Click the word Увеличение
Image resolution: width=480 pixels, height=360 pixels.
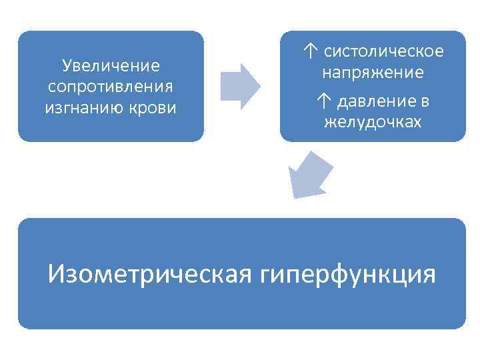111,65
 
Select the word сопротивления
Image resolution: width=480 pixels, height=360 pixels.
111,87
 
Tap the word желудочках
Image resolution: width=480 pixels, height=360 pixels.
373,122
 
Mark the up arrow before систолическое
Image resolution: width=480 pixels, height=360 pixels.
309,51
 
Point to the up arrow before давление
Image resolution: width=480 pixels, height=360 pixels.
323,101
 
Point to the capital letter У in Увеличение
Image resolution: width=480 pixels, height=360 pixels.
66,65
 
